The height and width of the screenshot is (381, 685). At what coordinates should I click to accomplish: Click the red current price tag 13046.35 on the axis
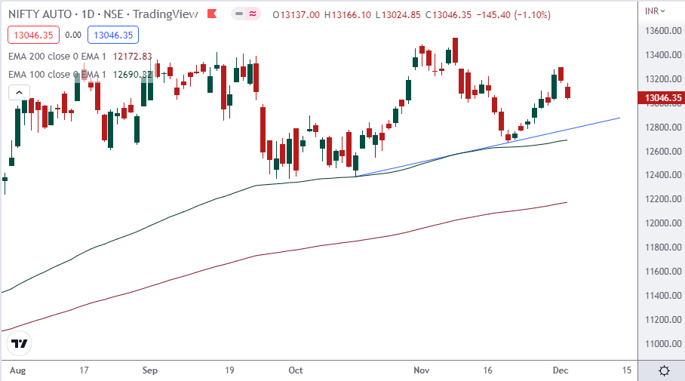pyautogui.click(x=661, y=98)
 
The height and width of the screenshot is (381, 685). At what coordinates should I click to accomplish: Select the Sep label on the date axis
pyautogui.click(x=149, y=370)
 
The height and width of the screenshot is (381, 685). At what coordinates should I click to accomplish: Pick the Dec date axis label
pyautogui.click(x=560, y=370)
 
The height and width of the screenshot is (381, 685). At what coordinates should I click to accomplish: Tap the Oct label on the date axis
pyautogui.click(x=296, y=370)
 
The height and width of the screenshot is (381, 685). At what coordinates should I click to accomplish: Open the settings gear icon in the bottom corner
pyautogui.click(x=664, y=370)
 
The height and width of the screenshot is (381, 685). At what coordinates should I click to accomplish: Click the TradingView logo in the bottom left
pyautogui.click(x=20, y=343)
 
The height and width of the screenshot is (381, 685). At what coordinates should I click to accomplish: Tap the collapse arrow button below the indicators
pyautogui.click(x=19, y=92)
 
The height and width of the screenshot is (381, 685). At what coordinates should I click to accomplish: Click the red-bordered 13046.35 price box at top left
pyautogui.click(x=32, y=34)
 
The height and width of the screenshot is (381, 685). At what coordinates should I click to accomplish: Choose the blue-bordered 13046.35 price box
pyautogui.click(x=112, y=34)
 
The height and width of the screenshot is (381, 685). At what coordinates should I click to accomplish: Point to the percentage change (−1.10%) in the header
pyautogui.click(x=528, y=14)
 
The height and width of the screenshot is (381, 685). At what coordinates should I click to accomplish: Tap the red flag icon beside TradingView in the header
pyautogui.click(x=213, y=14)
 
